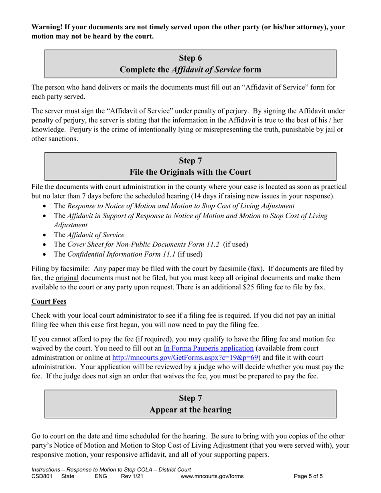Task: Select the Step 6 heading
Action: coord(190,58)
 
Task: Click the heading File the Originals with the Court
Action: coord(190,172)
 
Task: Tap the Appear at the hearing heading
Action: coord(190,410)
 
